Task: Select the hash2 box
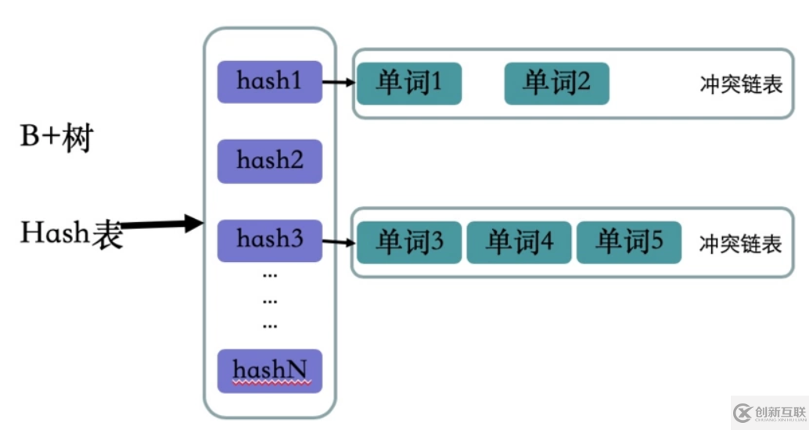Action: (x=269, y=161)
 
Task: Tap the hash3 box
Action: (x=269, y=240)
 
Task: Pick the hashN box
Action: (x=269, y=370)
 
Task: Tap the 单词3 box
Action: (x=409, y=242)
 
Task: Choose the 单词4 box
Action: (x=519, y=242)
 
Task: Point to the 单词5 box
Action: (x=628, y=242)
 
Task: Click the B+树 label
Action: (x=56, y=139)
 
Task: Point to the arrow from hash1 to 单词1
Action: (x=338, y=81)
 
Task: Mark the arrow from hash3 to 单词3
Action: (x=338, y=241)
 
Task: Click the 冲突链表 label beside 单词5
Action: (x=740, y=244)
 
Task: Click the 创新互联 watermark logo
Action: (x=768, y=412)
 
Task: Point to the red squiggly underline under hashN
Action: (x=272, y=383)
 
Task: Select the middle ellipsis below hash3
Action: (x=270, y=300)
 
